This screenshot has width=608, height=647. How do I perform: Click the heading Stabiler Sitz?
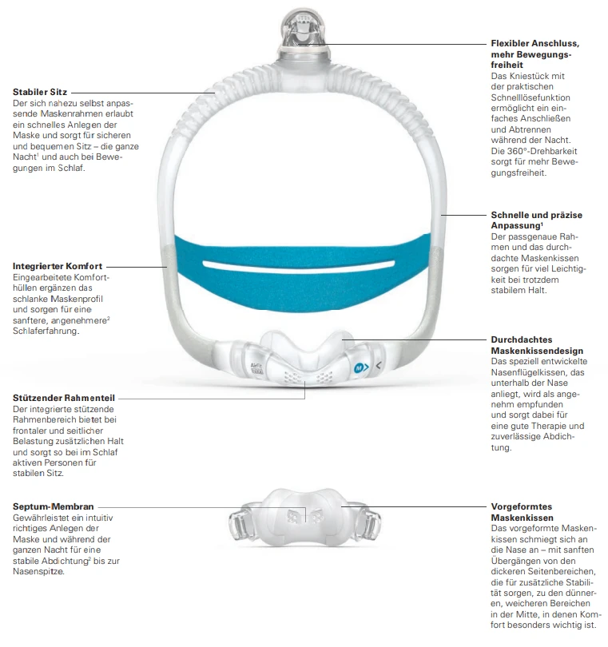pyautogui.click(x=41, y=93)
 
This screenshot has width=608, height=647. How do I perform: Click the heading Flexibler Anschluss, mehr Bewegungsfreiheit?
pyautogui.click(x=534, y=53)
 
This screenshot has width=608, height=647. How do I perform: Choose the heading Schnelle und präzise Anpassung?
pyautogui.click(x=536, y=220)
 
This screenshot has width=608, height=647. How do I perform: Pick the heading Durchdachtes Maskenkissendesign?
pyautogui.click(x=537, y=345)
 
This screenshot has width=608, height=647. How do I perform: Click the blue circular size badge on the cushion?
pyautogui.click(x=360, y=368)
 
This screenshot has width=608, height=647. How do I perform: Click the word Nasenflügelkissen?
pyautogui.click(x=527, y=371)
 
